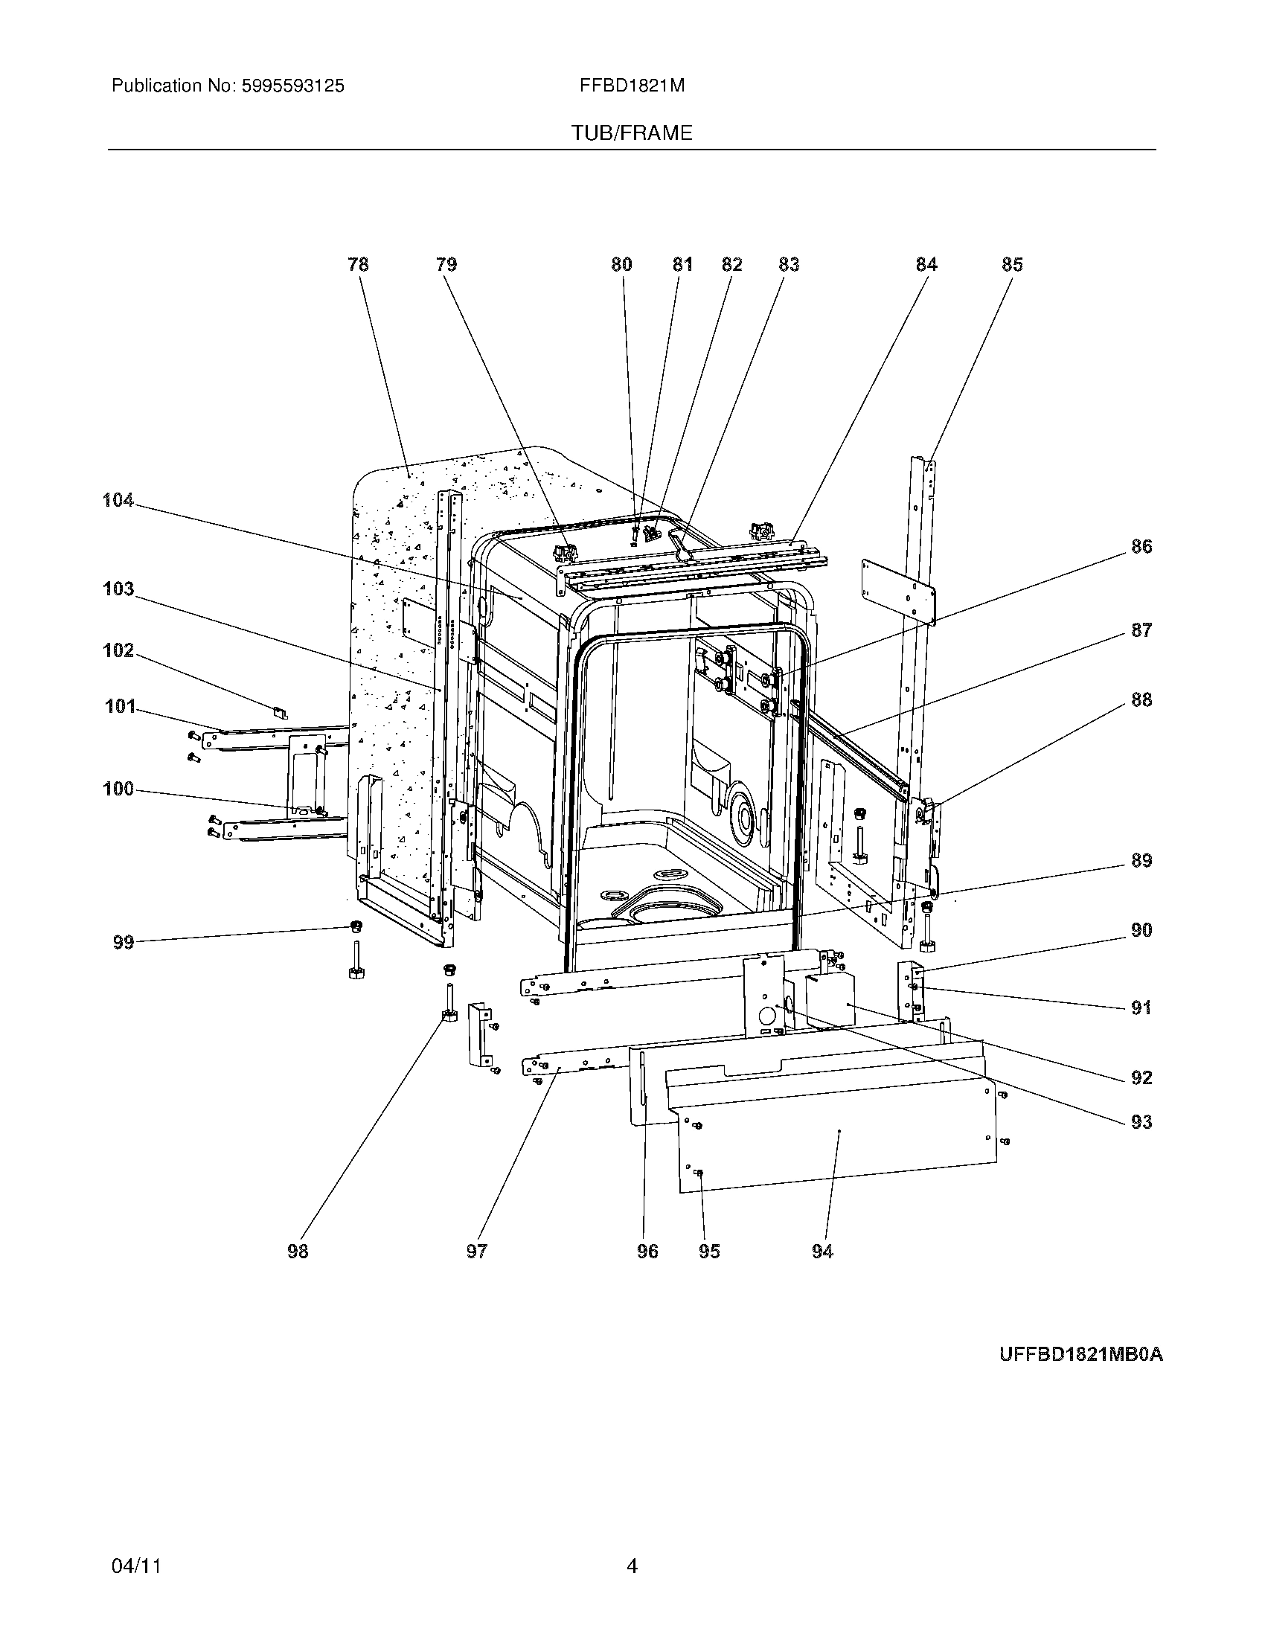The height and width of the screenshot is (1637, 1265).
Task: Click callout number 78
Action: [358, 264]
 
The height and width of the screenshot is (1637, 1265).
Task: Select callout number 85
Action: [1012, 264]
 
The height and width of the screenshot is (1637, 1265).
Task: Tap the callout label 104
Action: [118, 500]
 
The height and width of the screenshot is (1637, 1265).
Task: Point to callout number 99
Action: [123, 942]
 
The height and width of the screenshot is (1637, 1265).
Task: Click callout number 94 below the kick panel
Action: [822, 1251]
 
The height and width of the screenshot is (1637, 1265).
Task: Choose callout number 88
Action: [1141, 699]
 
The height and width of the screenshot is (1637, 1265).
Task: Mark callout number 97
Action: [477, 1251]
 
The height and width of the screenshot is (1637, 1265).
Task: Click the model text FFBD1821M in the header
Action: [631, 86]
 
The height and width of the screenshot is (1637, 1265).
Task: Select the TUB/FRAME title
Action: [631, 133]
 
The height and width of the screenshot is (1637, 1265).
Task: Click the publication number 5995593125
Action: [292, 86]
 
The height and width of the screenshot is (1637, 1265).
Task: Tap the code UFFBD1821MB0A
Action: [1080, 1354]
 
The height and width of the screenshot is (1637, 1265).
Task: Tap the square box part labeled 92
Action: [830, 1001]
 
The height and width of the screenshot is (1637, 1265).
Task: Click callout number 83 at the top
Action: [788, 264]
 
